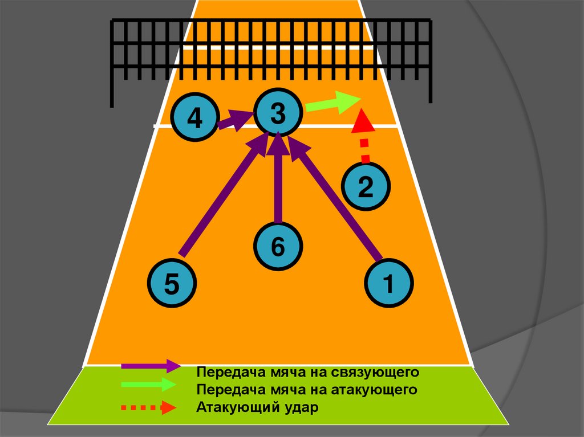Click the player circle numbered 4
pos(195,119)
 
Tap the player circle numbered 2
pos(366,186)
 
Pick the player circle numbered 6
pos(278,246)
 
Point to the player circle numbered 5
pos(172,283)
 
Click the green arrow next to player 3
pos(332,103)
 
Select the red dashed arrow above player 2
pos(363,137)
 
